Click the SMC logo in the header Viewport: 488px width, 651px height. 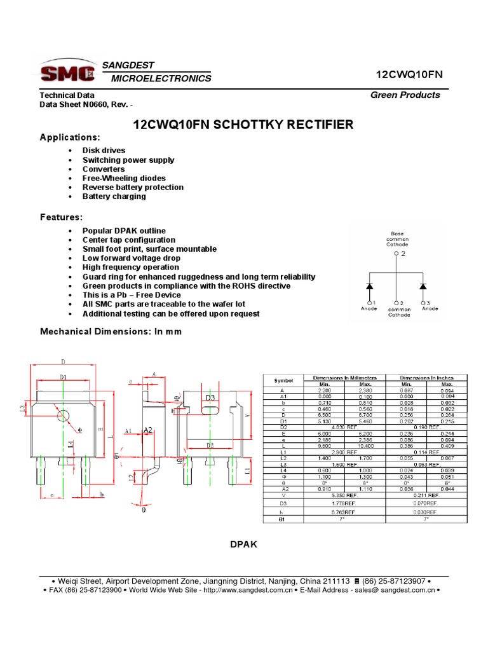tap(67, 72)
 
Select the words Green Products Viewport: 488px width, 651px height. tap(405, 95)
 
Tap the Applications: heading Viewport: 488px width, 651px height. tap(70, 137)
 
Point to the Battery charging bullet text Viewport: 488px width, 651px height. tap(114, 196)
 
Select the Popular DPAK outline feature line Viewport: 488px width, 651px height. tap(124, 231)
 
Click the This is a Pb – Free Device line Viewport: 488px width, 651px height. tap(132, 295)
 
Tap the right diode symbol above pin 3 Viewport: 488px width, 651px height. tap(424, 286)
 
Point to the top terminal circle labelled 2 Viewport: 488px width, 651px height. tap(397, 253)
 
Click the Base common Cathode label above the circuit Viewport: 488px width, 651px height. tap(397, 239)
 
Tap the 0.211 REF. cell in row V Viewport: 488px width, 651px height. tap(426, 495)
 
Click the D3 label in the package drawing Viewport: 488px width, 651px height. tap(210, 398)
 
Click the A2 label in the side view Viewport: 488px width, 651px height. tap(147, 430)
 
